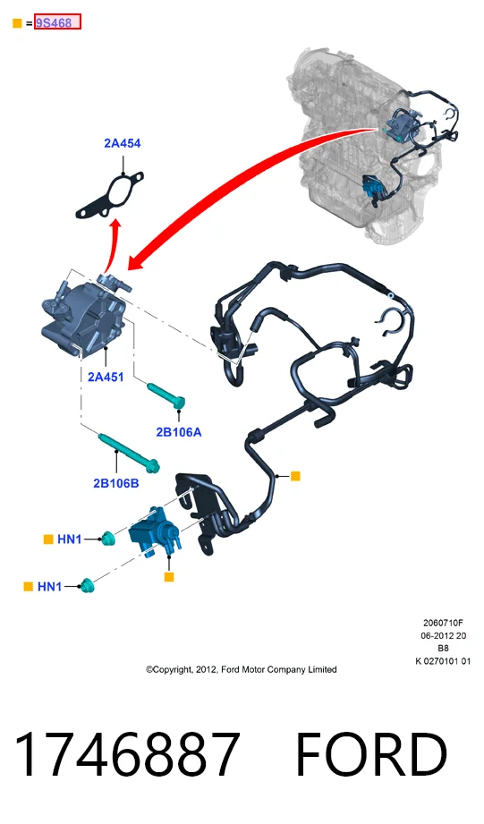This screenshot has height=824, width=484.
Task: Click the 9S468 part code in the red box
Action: tap(54, 23)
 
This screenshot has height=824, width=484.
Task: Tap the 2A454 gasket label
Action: tap(123, 143)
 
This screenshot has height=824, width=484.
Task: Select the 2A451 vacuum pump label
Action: tap(106, 377)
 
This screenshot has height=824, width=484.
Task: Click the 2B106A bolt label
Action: tap(179, 432)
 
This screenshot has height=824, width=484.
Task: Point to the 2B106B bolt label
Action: tap(116, 483)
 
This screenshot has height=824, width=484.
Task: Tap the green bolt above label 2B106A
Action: tap(166, 395)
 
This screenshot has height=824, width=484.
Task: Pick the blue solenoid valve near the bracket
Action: tap(154, 531)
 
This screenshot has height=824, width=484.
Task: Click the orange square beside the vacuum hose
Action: tap(295, 476)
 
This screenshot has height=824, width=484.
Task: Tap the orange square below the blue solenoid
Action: tap(169, 577)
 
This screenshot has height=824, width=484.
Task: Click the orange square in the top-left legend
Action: tap(17, 23)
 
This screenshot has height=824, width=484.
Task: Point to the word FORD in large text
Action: tap(371, 754)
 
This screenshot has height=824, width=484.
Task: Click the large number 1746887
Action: tap(127, 754)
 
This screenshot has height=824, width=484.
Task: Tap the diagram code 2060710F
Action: tap(443, 623)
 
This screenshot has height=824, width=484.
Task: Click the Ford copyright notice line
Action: tap(242, 669)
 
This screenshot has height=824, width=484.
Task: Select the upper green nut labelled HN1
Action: tap(107, 538)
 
